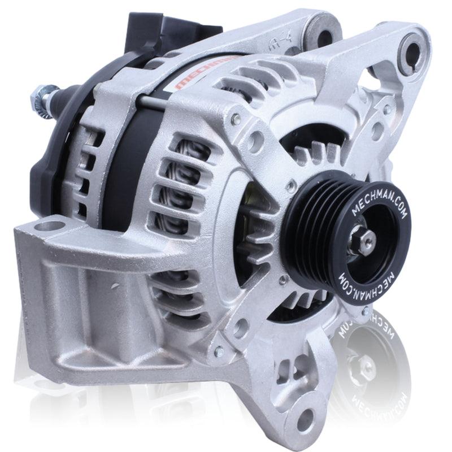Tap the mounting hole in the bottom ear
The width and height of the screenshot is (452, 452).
(306, 418)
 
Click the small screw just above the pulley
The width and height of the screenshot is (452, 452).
(290, 184)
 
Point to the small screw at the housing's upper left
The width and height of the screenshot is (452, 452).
(236, 119)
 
